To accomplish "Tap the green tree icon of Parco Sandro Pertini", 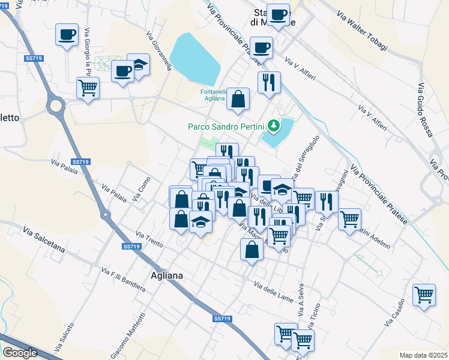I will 274,125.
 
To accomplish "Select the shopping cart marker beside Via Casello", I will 424,295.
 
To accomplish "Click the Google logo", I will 20,352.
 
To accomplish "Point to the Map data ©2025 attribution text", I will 423,355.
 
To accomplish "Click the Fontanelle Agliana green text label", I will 212,96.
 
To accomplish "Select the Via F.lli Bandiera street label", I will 124,280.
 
